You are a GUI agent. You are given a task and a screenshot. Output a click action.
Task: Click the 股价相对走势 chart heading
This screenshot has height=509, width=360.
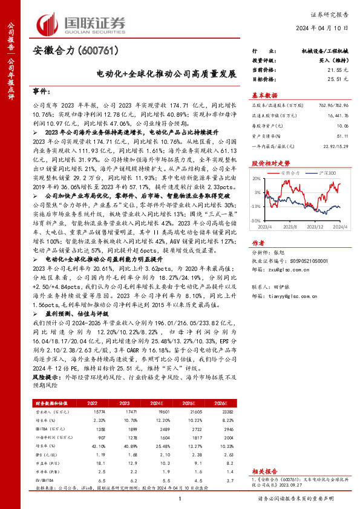[x=270, y=163]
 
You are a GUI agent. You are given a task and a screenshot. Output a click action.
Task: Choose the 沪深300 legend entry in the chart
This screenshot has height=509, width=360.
[x=326, y=173]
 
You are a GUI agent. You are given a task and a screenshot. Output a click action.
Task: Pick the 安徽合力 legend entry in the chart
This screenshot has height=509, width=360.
[x=292, y=173]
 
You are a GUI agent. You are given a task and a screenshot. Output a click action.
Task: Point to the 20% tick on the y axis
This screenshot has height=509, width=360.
[x=256, y=179]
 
